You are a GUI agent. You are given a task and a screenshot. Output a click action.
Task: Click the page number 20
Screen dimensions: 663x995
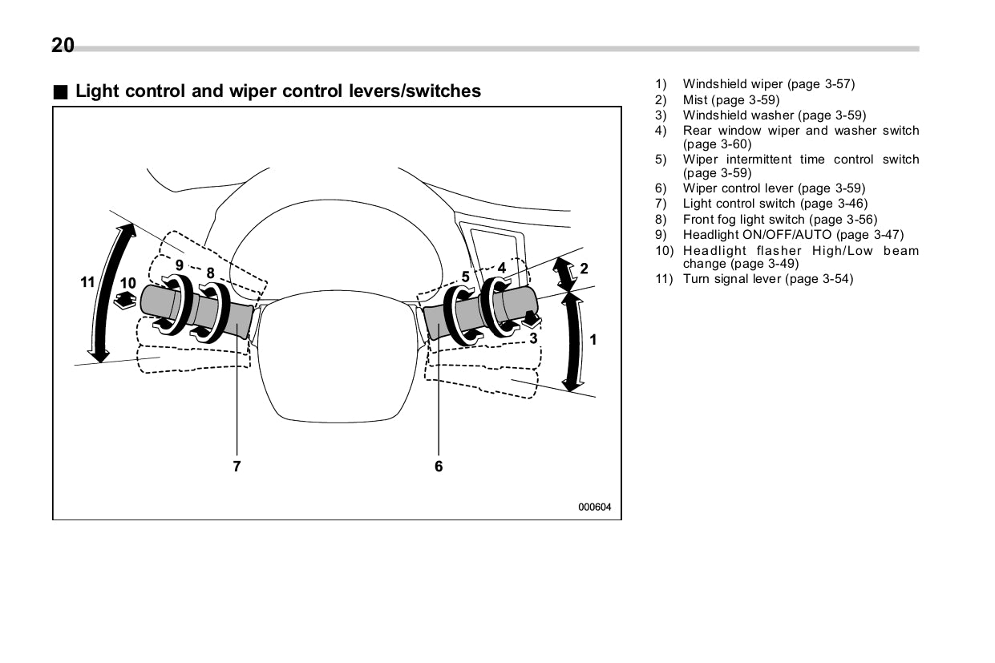[x=63, y=46]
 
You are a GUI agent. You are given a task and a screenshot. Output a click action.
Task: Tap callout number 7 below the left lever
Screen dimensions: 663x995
[x=237, y=466]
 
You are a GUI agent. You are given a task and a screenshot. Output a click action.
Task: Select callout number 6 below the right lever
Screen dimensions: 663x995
[x=439, y=466]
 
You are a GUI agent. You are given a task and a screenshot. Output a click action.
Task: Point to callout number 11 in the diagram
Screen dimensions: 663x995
[x=87, y=282]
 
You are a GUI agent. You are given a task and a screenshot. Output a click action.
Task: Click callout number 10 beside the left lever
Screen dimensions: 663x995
[x=128, y=283]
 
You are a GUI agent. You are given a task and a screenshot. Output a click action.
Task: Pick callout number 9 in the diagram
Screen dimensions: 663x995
[x=180, y=265]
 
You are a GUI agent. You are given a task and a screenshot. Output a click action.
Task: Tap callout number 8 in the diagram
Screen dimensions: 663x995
[x=210, y=273]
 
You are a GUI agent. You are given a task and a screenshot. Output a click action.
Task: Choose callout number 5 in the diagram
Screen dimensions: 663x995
[x=465, y=277]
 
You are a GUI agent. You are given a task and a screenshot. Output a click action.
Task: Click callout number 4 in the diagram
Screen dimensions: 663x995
[x=501, y=268]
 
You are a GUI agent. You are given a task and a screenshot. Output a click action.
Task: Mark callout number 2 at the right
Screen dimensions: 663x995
[x=584, y=269]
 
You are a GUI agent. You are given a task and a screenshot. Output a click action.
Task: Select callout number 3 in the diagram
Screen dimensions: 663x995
[x=533, y=338]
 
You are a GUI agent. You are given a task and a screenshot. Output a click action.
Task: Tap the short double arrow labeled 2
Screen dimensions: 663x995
[x=565, y=274]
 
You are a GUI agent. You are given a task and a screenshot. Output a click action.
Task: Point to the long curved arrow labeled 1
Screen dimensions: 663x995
[x=572, y=342]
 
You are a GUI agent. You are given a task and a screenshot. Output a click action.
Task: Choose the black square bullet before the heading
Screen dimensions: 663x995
[x=61, y=91]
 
